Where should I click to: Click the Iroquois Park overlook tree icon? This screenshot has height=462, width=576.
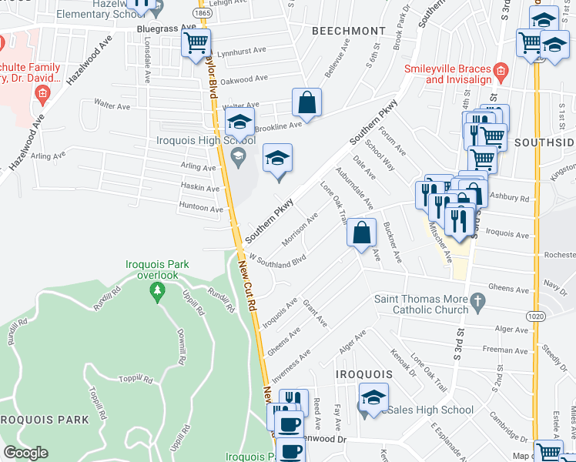(158, 290)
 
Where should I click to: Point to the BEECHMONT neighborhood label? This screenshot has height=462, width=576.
(348, 31)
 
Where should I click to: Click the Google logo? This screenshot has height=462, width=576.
(25, 453)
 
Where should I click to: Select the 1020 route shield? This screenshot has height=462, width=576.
(537, 316)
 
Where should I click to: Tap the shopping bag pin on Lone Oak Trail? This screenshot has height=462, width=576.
(361, 233)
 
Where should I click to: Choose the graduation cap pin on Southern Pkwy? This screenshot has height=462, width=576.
(278, 160)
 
